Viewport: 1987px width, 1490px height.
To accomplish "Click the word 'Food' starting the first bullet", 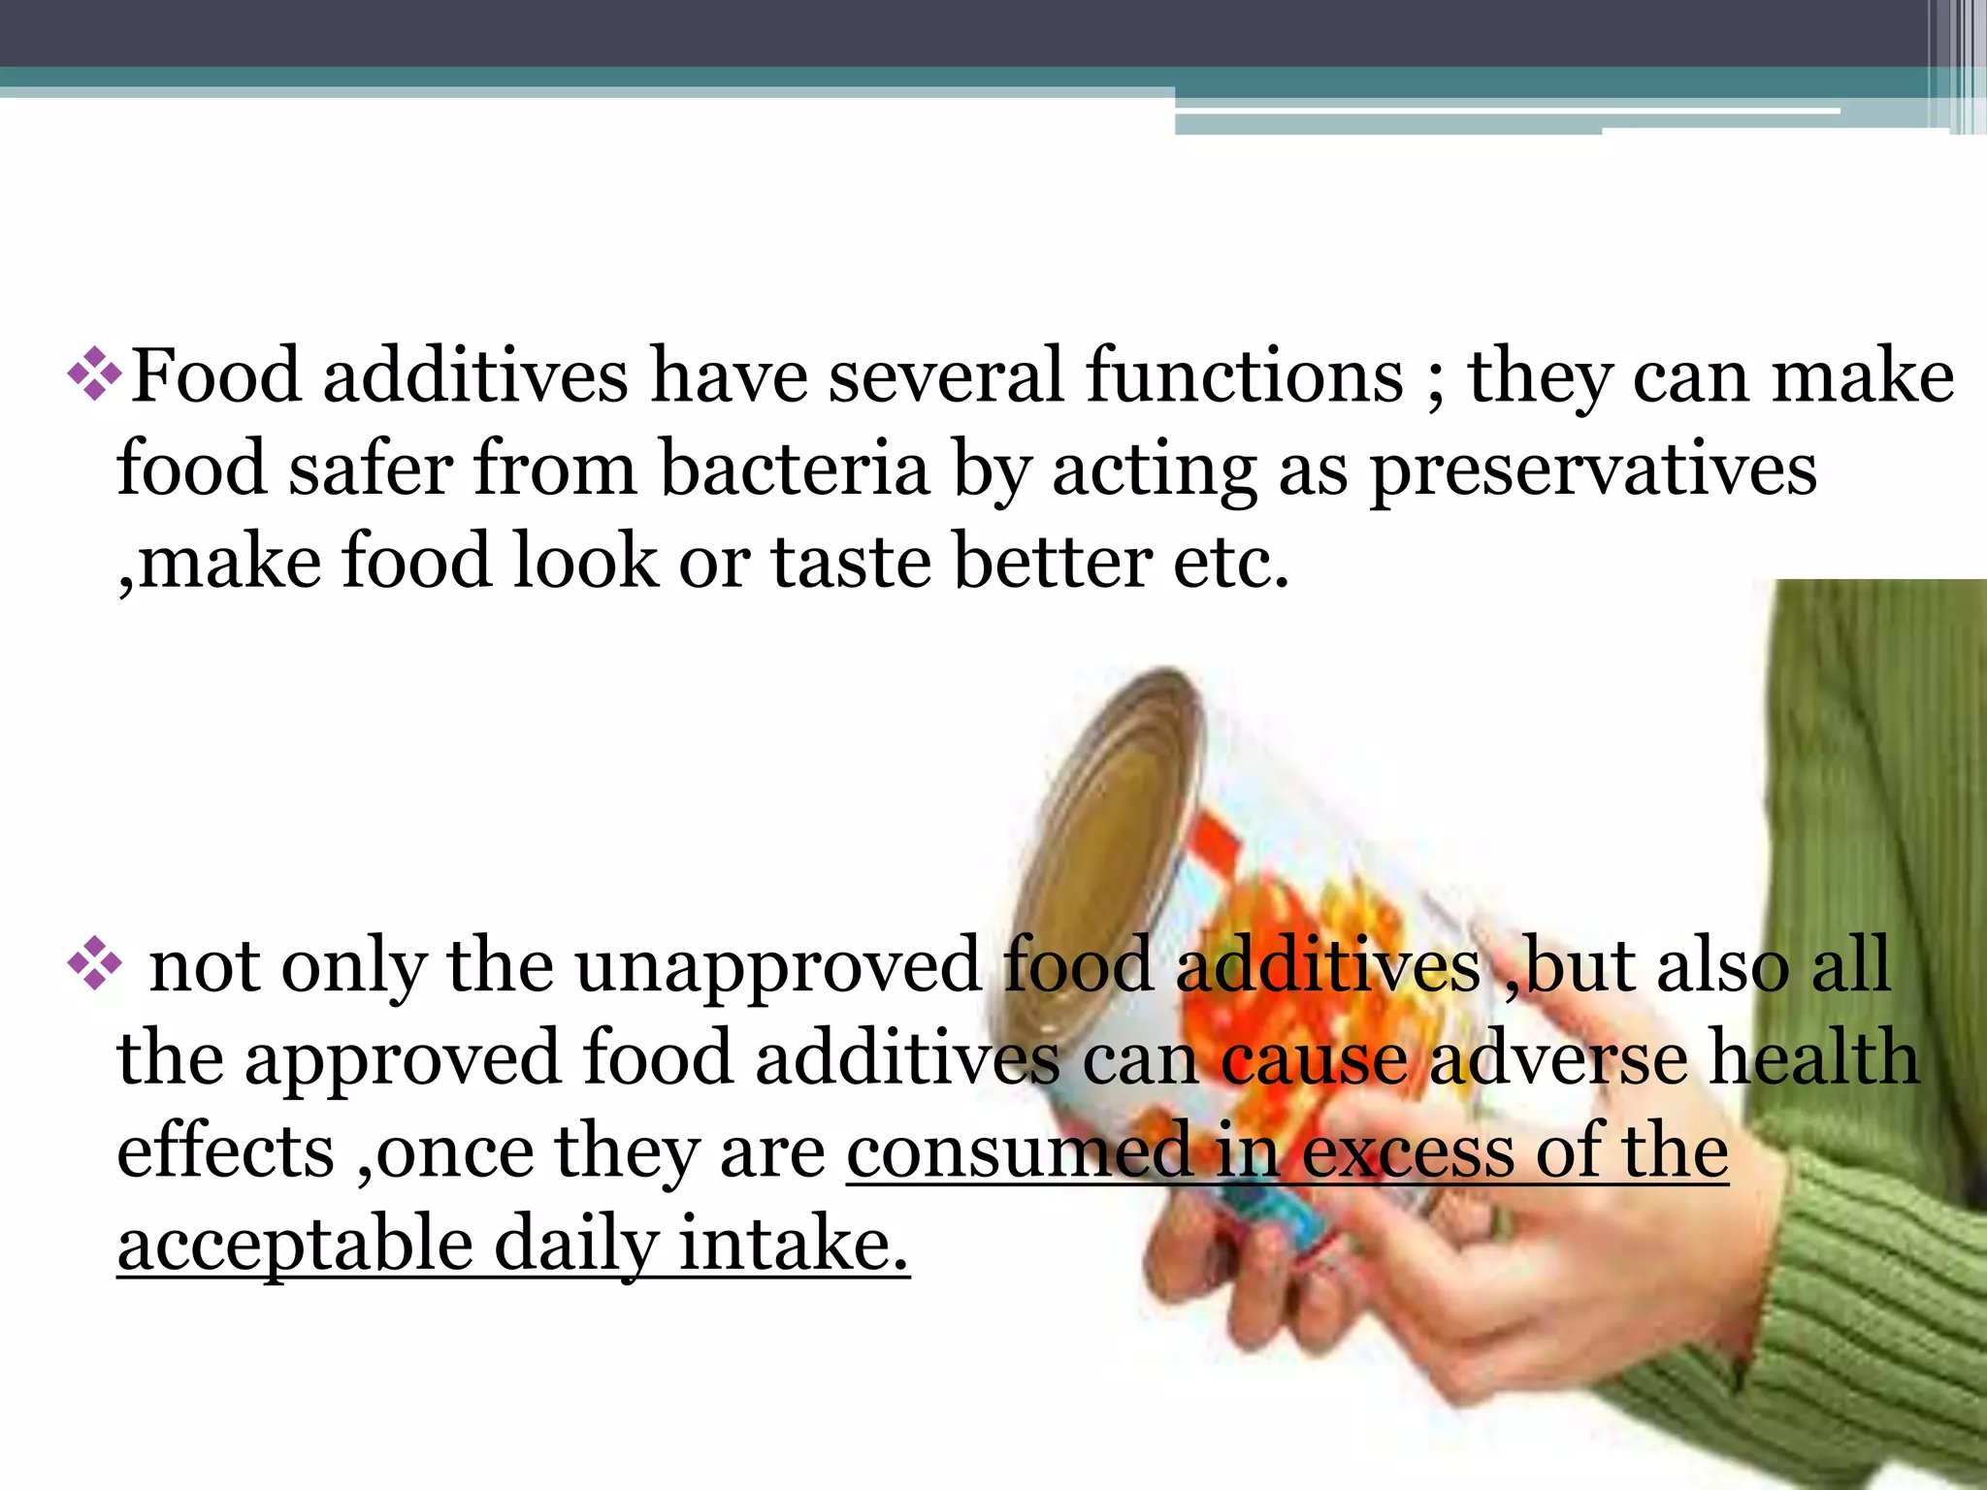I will click(215, 376).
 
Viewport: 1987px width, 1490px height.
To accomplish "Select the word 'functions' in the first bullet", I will click(1245, 376).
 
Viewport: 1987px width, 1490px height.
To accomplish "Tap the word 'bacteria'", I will click(795, 470).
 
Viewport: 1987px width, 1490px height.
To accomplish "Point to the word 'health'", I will click(1814, 1057).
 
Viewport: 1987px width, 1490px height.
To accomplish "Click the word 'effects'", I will click(225, 1150).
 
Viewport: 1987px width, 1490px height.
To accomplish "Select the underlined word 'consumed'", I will click(1019, 1152).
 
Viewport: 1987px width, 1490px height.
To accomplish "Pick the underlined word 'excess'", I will click(1407, 1152).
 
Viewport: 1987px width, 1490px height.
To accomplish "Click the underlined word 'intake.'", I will click(794, 1244).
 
